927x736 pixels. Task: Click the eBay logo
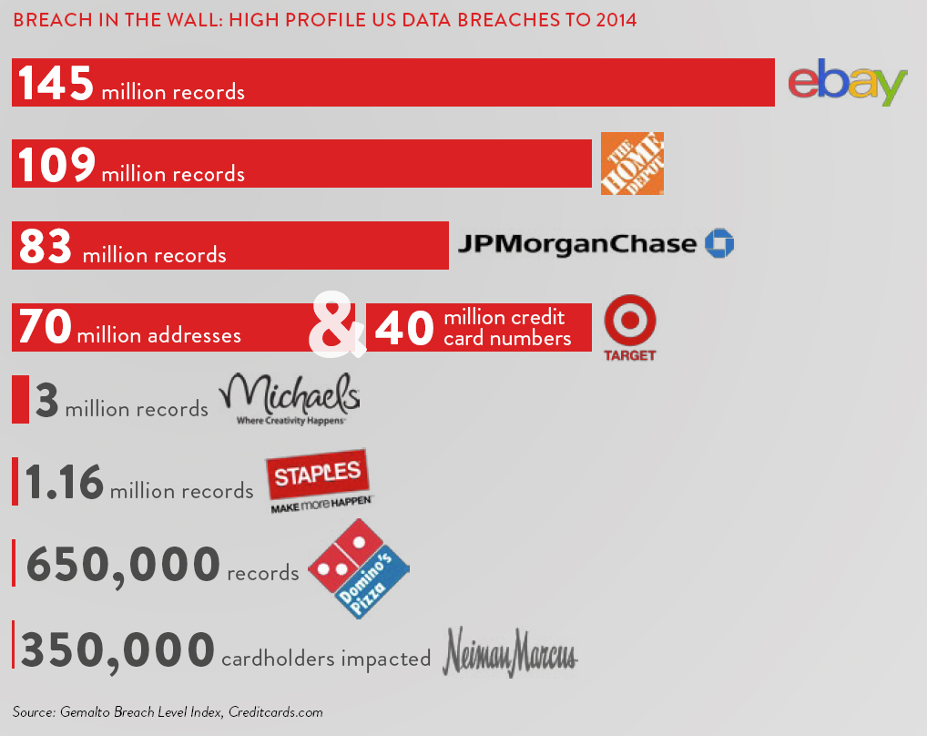(847, 83)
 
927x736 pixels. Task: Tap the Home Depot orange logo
(632, 163)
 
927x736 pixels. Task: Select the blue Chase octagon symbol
(719, 243)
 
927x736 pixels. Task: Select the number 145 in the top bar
(56, 83)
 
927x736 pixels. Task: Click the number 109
(56, 164)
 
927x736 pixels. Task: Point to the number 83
(46, 245)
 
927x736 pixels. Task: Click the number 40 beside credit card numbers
(403, 328)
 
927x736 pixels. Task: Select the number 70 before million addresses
(45, 327)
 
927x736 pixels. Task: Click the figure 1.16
(65, 483)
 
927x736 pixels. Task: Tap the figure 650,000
(123, 565)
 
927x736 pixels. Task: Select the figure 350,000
(117, 650)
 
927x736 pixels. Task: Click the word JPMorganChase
(576, 244)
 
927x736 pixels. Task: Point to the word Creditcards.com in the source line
(275, 712)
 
